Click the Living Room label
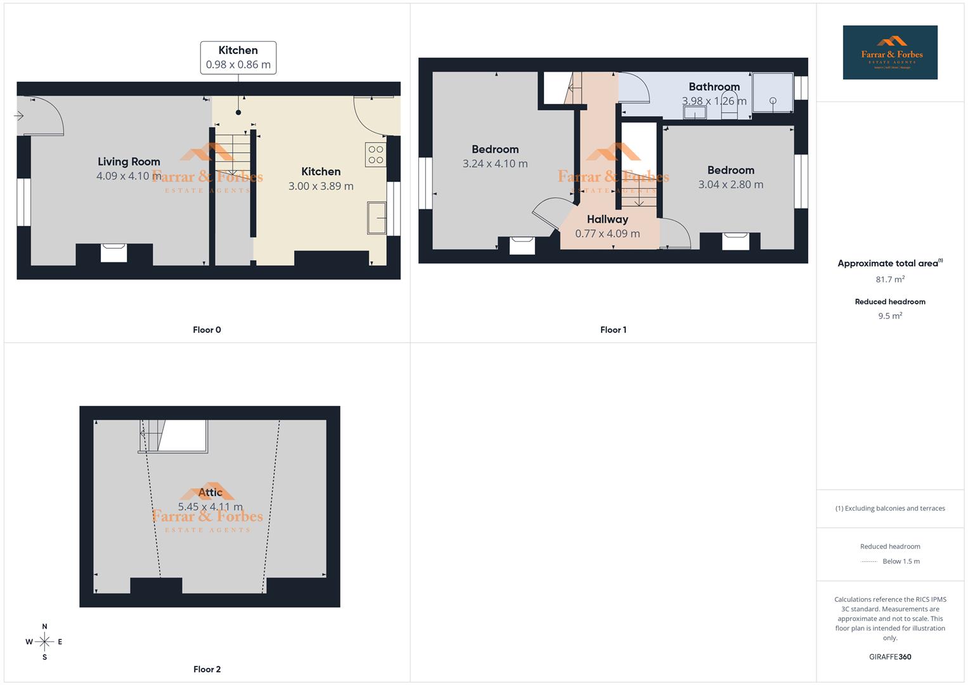(129, 162)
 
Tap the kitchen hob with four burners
(375, 155)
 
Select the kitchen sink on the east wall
(377, 218)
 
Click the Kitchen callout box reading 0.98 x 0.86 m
(238, 58)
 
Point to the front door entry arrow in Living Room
(19, 116)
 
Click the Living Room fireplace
(114, 252)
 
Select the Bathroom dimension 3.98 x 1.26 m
(714, 101)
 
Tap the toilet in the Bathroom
(729, 110)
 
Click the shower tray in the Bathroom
(773, 93)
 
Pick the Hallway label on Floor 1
(607, 219)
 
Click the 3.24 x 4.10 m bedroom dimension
(495, 164)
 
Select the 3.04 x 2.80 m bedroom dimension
(730, 185)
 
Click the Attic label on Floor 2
(210, 492)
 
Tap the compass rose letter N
(44, 627)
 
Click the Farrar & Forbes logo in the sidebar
(890, 53)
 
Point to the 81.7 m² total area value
(890, 279)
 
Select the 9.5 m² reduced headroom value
(890, 316)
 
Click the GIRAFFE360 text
(890, 657)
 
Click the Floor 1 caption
(613, 330)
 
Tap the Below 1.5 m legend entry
(901, 561)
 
